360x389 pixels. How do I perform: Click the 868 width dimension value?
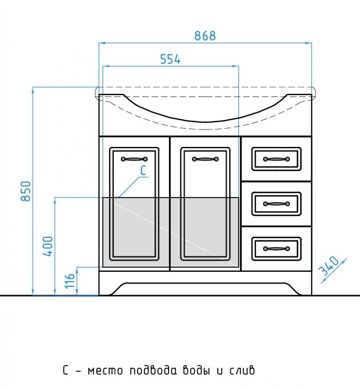[x=205, y=36]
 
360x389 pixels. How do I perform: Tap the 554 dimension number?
[x=170, y=59]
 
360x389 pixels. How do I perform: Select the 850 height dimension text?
[x=26, y=191]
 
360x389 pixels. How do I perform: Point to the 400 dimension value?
[x=48, y=246]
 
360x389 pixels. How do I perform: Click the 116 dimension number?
[x=70, y=281]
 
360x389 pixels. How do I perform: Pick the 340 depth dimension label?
[x=328, y=266]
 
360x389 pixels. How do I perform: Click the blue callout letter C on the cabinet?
[x=143, y=170]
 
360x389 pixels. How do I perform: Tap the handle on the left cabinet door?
[x=134, y=159]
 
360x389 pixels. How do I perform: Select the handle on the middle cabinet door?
[x=205, y=159]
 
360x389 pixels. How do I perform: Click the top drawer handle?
[x=277, y=159]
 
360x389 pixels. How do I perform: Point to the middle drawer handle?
[x=277, y=204]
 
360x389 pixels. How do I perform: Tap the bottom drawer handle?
[x=277, y=249]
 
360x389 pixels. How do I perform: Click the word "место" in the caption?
[x=105, y=371]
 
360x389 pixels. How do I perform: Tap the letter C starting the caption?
[x=66, y=370]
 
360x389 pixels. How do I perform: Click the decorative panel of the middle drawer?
[x=277, y=204]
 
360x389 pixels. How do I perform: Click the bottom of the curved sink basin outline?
[x=205, y=122]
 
